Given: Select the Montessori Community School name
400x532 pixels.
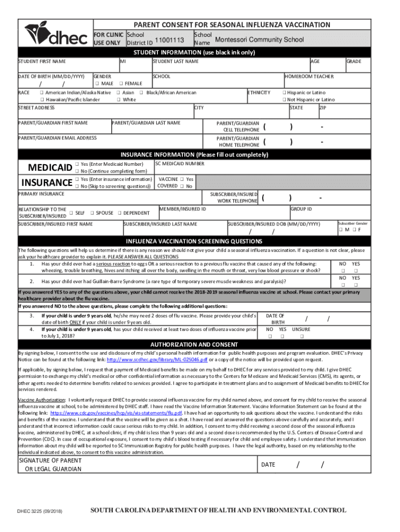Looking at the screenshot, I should [x=260, y=40].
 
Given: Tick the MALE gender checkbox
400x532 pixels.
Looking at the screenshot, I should [x=97, y=84].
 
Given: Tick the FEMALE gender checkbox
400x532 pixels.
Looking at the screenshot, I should [x=121, y=84].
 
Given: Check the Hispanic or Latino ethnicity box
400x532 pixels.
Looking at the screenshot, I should [x=284, y=92].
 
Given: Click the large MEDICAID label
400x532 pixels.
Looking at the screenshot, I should [x=50, y=167].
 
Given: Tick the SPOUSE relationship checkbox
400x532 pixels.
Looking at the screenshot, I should [x=92, y=213].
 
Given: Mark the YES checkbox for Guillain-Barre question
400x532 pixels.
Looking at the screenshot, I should [x=356, y=285].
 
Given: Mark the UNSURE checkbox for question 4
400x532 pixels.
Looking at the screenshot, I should [x=301, y=337].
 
